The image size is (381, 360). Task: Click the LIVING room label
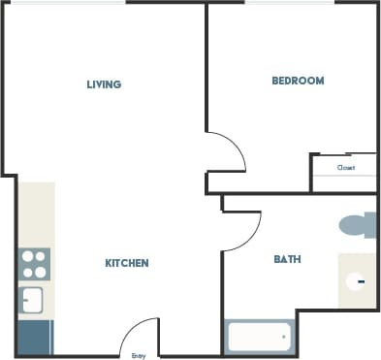(x=104, y=84)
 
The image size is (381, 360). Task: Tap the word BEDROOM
(x=297, y=81)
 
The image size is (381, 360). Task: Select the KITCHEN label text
(x=126, y=263)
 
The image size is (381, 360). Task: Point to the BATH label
(x=287, y=259)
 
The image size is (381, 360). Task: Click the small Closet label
(x=345, y=168)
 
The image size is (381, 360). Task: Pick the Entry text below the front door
(x=139, y=356)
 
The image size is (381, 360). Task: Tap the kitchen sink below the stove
(x=33, y=299)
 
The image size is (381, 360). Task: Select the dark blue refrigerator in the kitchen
(x=35, y=336)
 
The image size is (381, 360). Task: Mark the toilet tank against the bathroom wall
(x=372, y=225)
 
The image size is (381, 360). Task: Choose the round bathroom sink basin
(x=357, y=281)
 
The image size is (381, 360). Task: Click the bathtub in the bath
(x=259, y=337)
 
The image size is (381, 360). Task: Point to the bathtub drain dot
(x=284, y=337)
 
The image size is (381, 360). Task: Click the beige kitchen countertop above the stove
(x=37, y=213)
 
